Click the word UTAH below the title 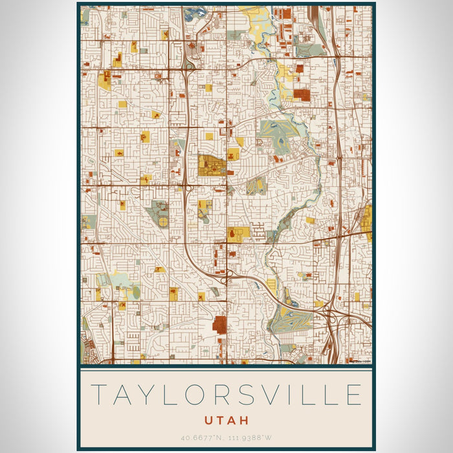[226, 420]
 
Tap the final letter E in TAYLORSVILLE [352, 395]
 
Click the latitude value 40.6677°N [202, 437]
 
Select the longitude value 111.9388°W [252, 437]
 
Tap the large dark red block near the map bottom [220, 325]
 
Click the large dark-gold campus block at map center [210, 166]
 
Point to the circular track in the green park [163, 222]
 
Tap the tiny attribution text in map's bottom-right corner [359, 360]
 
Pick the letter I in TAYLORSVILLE [282, 395]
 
